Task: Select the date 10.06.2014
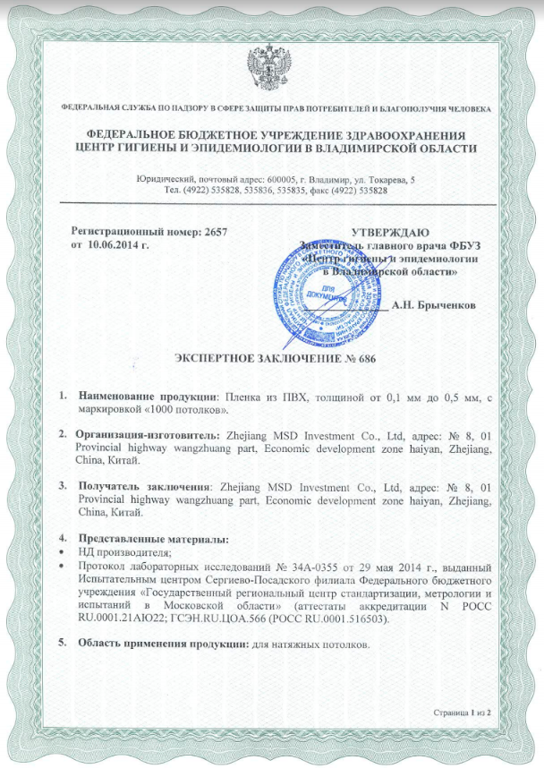(117, 243)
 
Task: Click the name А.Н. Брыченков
(434, 304)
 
